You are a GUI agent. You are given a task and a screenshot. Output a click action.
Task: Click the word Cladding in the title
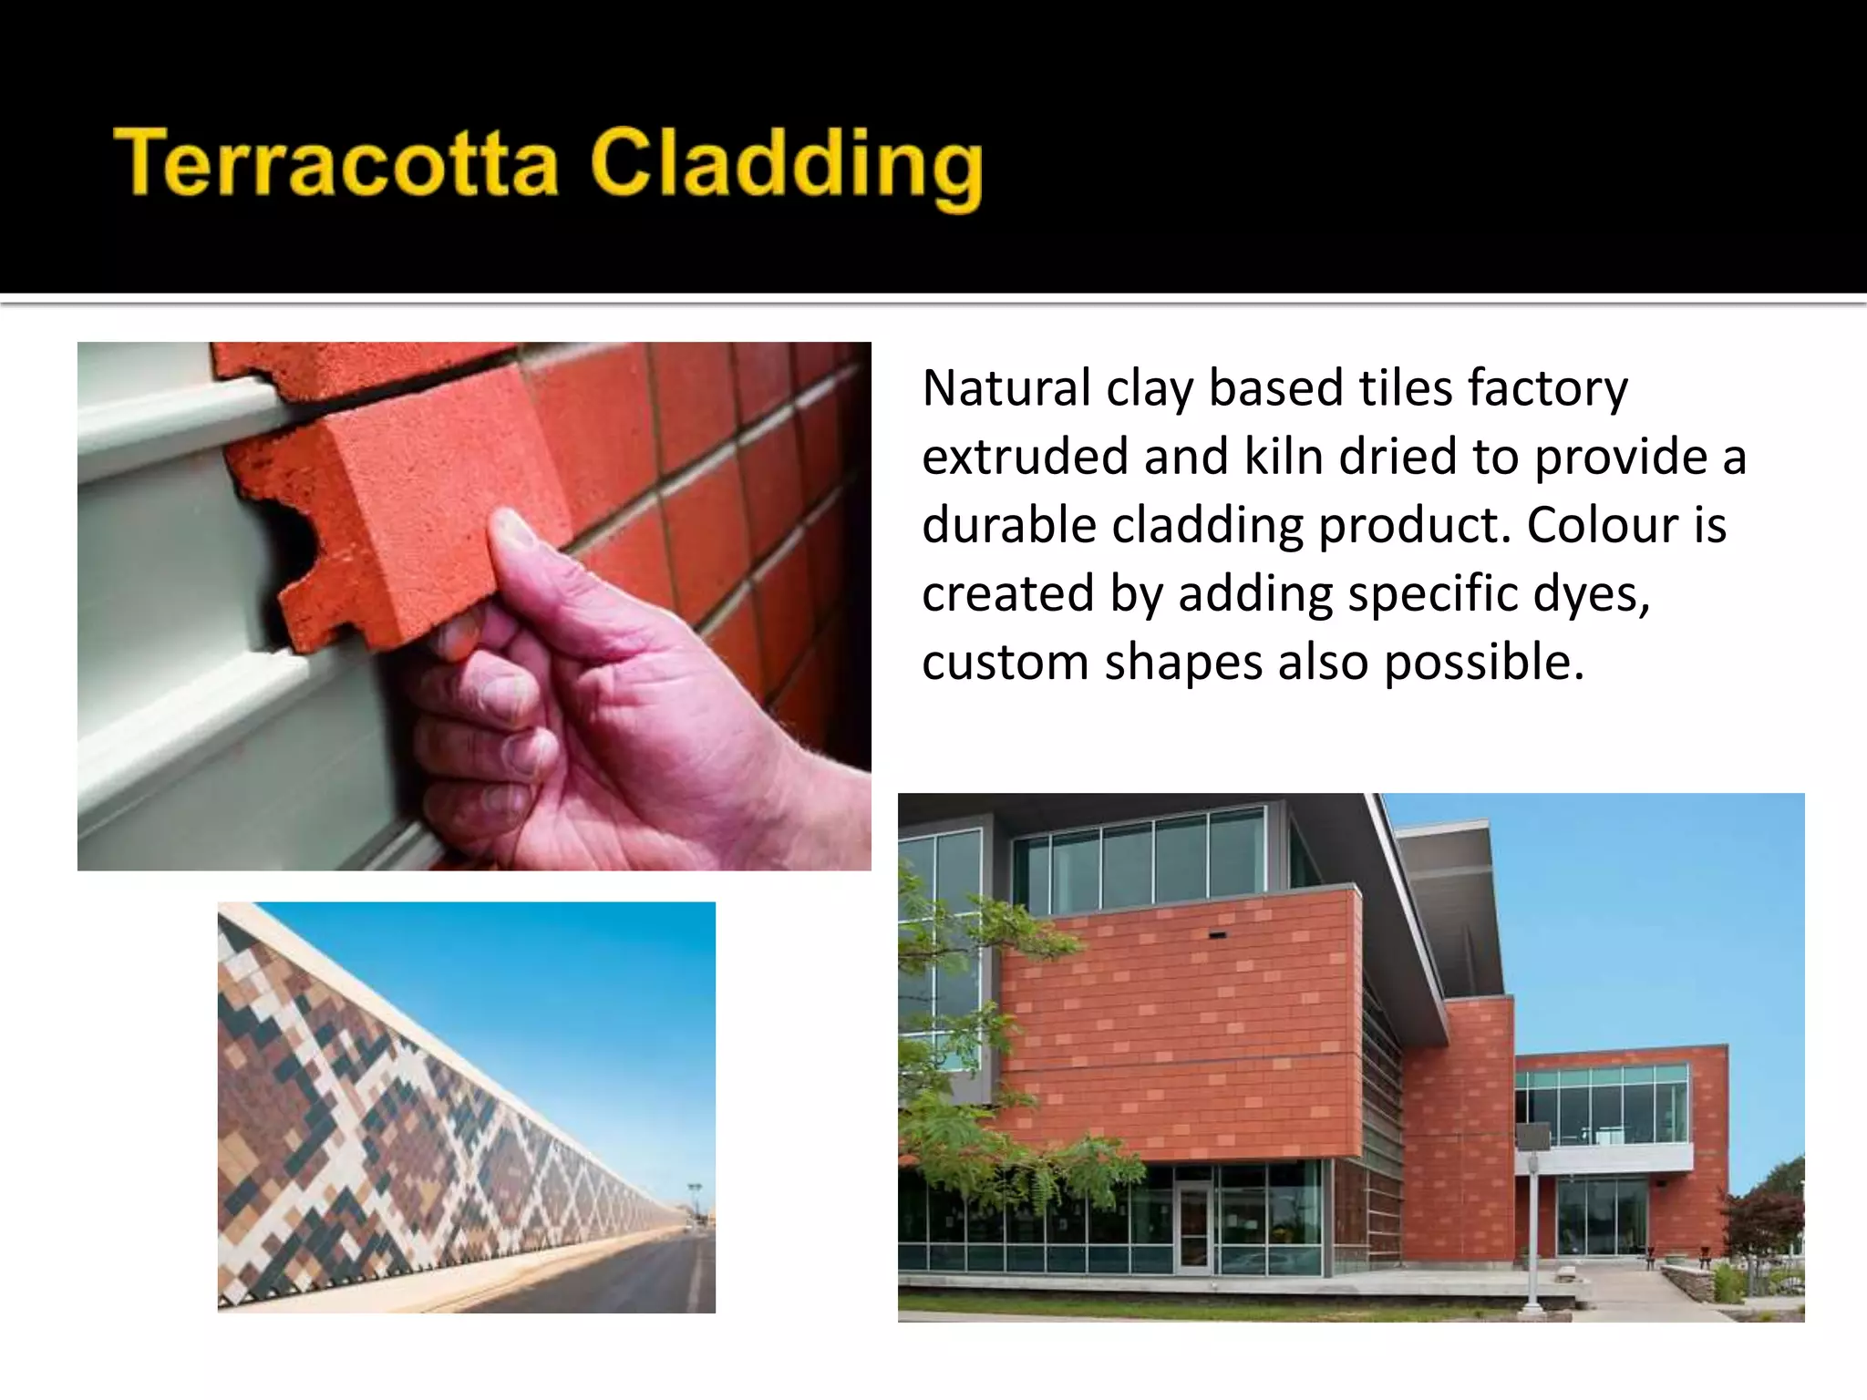(786, 167)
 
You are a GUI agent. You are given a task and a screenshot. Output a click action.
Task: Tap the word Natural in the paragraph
(1006, 388)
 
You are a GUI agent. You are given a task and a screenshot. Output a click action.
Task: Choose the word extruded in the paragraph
(1024, 457)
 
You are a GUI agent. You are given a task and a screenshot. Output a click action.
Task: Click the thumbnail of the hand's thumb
(515, 533)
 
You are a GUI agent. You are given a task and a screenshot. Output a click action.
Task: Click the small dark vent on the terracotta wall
(1217, 935)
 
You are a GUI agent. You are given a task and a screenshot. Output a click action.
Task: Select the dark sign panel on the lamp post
(1532, 1136)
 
